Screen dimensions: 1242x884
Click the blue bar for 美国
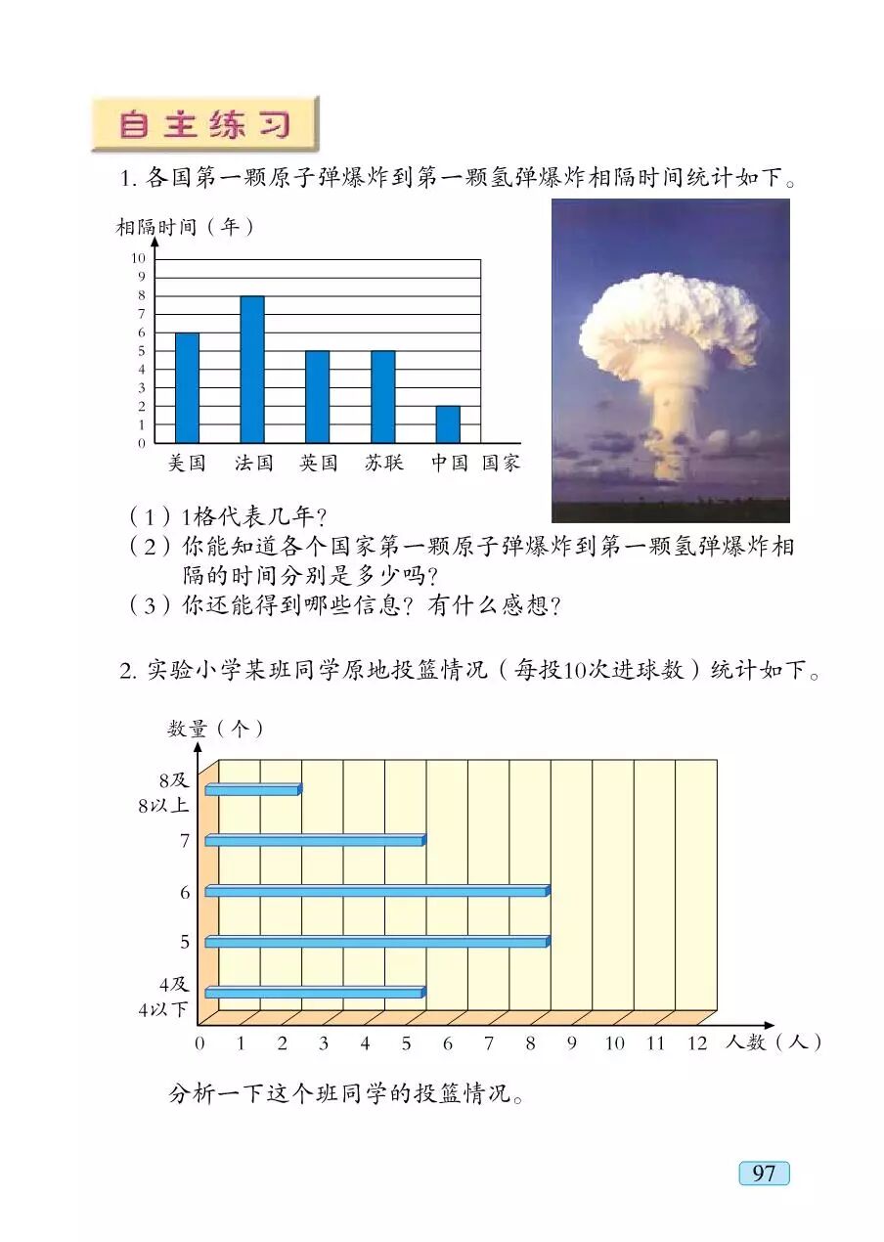187,388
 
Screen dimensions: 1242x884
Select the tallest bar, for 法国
252,370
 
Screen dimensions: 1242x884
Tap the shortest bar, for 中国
448,424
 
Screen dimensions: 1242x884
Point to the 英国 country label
318,464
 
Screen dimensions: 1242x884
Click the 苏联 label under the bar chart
383,464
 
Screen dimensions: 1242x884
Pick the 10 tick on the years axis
138,258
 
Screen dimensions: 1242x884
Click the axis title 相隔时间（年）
186,227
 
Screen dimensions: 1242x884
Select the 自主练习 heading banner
205,124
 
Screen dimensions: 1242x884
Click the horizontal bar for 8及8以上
252,789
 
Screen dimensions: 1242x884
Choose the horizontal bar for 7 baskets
315,840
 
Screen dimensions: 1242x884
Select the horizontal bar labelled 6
376,891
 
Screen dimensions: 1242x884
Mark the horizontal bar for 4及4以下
315,993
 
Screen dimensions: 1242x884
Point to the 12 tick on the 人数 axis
696,1043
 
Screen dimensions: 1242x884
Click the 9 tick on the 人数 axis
572,1043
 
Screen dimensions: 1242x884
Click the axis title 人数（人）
773,1043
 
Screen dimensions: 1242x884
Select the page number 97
764,1173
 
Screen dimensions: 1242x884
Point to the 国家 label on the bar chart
501,464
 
